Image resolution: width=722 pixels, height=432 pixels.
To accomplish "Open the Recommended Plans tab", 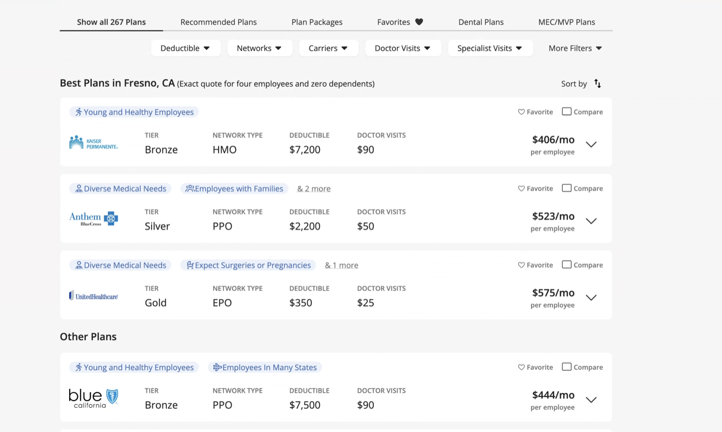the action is (218, 22).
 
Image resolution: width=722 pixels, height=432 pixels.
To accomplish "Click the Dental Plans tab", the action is (481, 22).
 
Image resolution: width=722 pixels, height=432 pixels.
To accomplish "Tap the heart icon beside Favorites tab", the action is (419, 22).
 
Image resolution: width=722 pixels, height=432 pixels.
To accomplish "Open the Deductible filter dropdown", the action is (185, 48).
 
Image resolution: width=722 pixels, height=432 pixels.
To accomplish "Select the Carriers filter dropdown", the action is (329, 48).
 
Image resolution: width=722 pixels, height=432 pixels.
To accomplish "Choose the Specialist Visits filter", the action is (490, 48).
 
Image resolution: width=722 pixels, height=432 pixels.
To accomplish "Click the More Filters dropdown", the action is (575, 48).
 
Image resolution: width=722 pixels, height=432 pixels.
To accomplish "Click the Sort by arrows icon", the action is (597, 84).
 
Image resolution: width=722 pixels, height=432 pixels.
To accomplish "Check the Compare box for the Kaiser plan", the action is (566, 111).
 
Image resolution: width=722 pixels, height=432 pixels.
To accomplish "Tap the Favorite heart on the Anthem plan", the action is (521, 188).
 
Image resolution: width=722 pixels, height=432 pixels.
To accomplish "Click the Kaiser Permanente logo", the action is (93, 142).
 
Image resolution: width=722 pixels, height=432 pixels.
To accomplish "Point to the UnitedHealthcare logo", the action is (93, 295).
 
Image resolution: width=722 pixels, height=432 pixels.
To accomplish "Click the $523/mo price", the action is (553, 216).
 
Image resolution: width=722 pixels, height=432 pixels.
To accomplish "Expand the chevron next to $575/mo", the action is (591, 297).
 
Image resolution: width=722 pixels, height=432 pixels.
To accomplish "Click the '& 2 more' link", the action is (314, 189).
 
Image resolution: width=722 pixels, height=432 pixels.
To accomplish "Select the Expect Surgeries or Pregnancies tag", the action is (248, 265).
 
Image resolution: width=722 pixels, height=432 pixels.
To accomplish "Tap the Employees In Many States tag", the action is (265, 367).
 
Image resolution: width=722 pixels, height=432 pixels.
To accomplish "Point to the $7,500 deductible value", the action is (305, 405).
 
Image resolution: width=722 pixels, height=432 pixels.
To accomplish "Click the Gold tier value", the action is (155, 303).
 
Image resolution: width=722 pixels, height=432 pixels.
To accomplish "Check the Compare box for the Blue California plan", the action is (566, 367).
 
